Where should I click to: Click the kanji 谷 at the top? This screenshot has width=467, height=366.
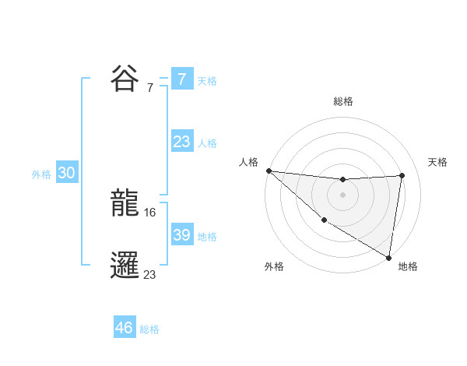point(126,78)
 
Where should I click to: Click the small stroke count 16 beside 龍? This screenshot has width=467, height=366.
point(151,212)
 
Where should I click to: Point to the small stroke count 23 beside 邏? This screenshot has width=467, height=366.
point(150,274)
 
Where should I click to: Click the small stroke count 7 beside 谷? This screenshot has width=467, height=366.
point(150,87)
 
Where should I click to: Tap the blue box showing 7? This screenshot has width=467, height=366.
point(182,79)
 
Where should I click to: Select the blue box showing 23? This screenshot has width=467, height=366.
point(182,142)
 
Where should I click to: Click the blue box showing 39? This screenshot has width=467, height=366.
point(182,235)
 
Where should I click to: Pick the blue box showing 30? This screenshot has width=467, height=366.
point(66,173)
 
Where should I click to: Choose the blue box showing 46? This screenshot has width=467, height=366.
point(125,328)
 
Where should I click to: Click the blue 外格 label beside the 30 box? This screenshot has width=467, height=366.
point(41,174)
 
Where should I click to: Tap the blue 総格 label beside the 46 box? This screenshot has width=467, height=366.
point(149,329)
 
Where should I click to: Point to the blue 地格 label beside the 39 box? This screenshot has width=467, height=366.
point(207,237)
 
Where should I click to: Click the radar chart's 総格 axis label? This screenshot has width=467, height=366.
point(343,101)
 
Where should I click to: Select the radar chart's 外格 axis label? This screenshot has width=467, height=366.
point(274,266)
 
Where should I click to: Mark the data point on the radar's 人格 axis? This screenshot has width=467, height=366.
point(269,171)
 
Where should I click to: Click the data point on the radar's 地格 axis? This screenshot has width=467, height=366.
point(388,257)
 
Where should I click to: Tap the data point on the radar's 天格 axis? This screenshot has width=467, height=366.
point(402,175)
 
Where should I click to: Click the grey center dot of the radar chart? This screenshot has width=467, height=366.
point(342,195)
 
